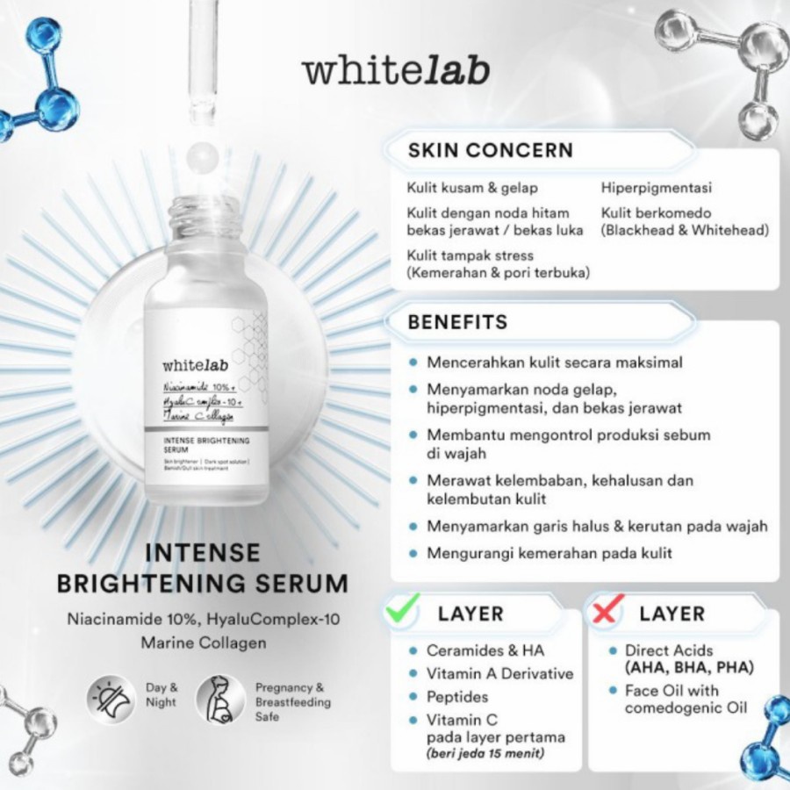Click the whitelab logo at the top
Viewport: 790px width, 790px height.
[x=395, y=71]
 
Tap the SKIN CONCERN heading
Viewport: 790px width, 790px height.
[x=490, y=150]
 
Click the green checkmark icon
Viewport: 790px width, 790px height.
[x=403, y=607]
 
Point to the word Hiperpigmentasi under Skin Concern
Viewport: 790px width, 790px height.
[x=657, y=188]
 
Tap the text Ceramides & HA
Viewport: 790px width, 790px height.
[x=485, y=650]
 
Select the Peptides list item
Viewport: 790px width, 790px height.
[x=457, y=697]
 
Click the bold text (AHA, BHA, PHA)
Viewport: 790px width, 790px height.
[x=689, y=668]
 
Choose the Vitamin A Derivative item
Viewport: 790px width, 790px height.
[x=499, y=674]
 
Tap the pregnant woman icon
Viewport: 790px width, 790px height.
[x=219, y=700]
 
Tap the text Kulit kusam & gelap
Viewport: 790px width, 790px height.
[x=472, y=188]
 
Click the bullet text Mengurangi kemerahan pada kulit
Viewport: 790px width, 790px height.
[x=549, y=554]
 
